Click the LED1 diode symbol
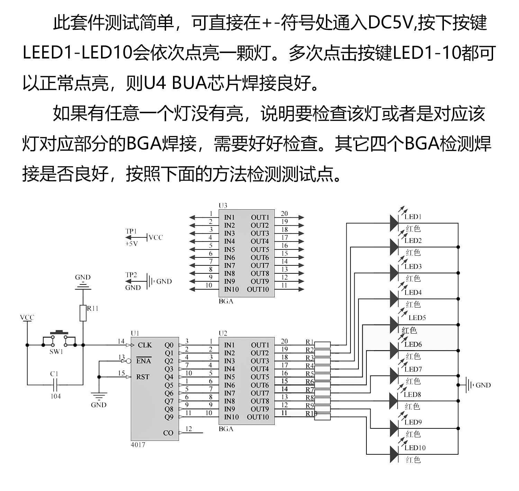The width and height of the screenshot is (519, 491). coord(394,223)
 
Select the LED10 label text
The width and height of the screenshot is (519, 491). coord(415,448)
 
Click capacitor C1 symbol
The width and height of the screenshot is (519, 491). coord(55,384)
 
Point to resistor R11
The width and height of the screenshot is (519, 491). coord(83,313)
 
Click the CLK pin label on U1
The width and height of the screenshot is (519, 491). coord(145,345)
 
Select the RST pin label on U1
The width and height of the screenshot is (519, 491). coord(143,377)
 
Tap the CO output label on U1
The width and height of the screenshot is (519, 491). coord(168,433)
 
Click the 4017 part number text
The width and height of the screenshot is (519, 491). coord(138,445)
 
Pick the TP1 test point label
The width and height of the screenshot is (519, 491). coord(131,231)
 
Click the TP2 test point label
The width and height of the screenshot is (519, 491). coord(131,275)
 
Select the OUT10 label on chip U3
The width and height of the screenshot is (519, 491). coord(258,289)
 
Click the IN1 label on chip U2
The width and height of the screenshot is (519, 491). coord(229,345)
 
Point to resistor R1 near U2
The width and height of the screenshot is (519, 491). coord(322,345)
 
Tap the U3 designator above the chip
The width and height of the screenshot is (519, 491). coord(223,206)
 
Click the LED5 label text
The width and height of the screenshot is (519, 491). coord(417,318)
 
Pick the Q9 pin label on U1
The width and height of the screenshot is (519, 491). coord(169,417)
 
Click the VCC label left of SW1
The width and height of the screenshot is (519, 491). coord(27,317)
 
